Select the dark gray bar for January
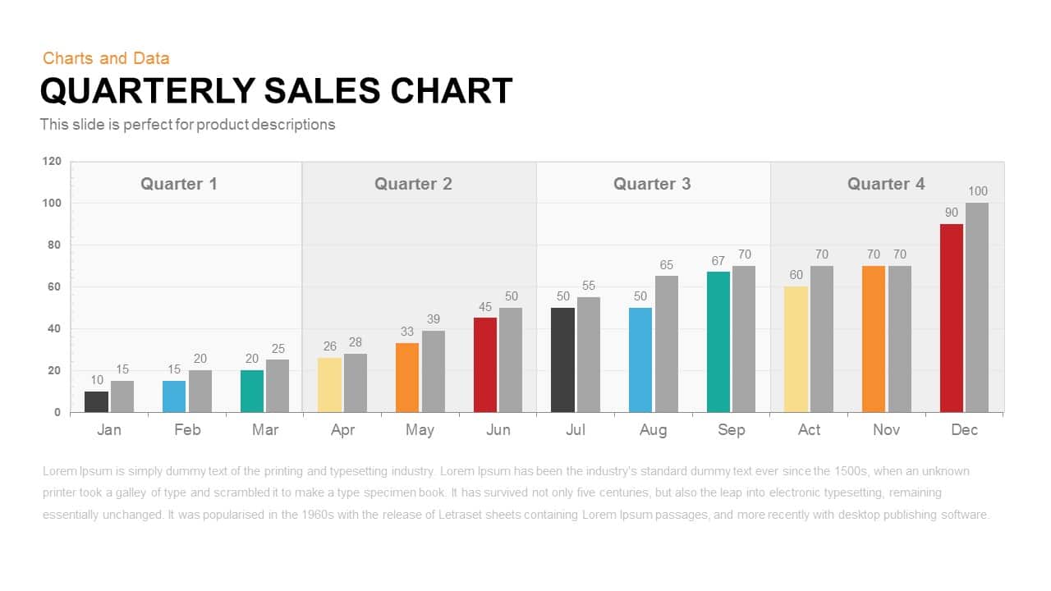pyautogui.click(x=96, y=401)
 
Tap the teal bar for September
pyautogui.click(x=718, y=341)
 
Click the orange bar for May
pyautogui.click(x=407, y=378)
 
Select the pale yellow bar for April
pyautogui.click(x=329, y=385)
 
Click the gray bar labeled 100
pyautogui.click(x=977, y=307)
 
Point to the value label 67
pyautogui.click(x=718, y=261)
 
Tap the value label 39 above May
pyautogui.click(x=434, y=319)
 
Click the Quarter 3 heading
pyautogui.click(x=652, y=184)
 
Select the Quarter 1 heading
pyautogui.click(x=179, y=184)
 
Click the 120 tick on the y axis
pyautogui.click(x=52, y=162)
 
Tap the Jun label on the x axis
pyautogui.click(x=498, y=430)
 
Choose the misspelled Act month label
pyautogui.click(x=809, y=430)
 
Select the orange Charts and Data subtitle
pyautogui.click(x=106, y=58)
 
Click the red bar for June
pyautogui.click(x=485, y=364)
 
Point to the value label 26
pyautogui.click(x=329, y=346)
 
